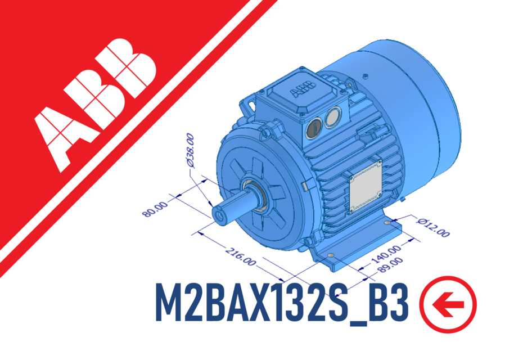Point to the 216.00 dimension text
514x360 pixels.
241,256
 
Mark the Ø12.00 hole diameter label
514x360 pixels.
433,226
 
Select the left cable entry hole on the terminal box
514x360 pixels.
311,129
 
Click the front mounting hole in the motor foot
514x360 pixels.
330,256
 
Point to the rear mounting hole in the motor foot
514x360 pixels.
387,224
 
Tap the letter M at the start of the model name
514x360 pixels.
168,304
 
